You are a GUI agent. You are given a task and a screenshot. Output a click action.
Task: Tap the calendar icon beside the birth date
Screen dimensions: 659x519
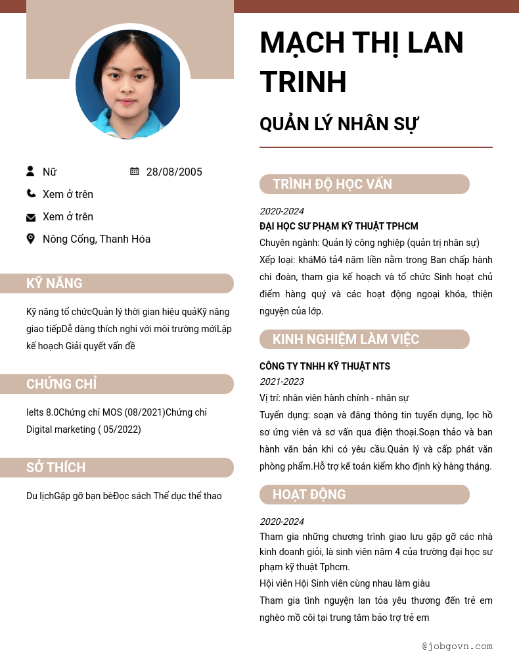pos(135,171)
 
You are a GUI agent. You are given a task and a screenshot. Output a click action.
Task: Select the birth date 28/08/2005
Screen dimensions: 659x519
pos(174,172)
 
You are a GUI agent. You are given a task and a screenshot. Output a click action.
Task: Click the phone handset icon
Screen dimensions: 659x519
pos(31,193)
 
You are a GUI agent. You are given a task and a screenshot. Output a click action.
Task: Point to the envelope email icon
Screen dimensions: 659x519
pos(31,217)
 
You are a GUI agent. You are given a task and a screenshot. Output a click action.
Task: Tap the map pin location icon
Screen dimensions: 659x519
pos(30,238)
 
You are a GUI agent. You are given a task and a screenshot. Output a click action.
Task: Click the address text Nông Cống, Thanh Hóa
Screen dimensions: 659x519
pos(97,239)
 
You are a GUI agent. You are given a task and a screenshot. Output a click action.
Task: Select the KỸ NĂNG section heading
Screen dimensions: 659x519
pos(55,283)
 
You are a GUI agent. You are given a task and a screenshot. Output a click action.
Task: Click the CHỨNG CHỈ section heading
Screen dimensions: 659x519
pos(61,384)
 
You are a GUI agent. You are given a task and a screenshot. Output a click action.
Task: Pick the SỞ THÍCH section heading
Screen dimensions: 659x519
pos(56,468)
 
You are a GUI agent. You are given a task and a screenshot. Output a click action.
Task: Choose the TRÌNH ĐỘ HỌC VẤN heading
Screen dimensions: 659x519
pos(332,184)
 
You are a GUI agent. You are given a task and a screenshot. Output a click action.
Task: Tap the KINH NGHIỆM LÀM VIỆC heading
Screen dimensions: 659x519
pos(346,339)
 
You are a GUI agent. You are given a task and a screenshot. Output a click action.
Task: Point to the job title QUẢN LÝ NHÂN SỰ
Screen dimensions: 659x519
pos(339,124)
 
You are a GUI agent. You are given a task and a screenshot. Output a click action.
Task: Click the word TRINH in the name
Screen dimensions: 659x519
pos(303,82)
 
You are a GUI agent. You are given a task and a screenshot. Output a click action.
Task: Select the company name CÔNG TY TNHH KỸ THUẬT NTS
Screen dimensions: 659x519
pos(325,366)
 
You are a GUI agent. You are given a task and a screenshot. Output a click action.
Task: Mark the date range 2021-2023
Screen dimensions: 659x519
pos(281,381)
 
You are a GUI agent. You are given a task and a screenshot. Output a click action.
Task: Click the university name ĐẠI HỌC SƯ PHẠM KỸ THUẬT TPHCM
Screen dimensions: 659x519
pos(338,226)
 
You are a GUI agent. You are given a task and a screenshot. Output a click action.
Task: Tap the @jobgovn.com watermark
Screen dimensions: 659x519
pos(457,646)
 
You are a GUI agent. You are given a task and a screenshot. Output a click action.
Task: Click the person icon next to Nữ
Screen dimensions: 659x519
pos(30,171)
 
